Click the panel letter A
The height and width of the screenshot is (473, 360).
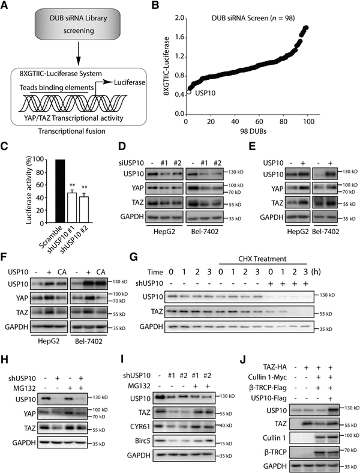click(6, 7)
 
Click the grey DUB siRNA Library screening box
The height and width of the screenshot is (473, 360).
click(70, 28)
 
